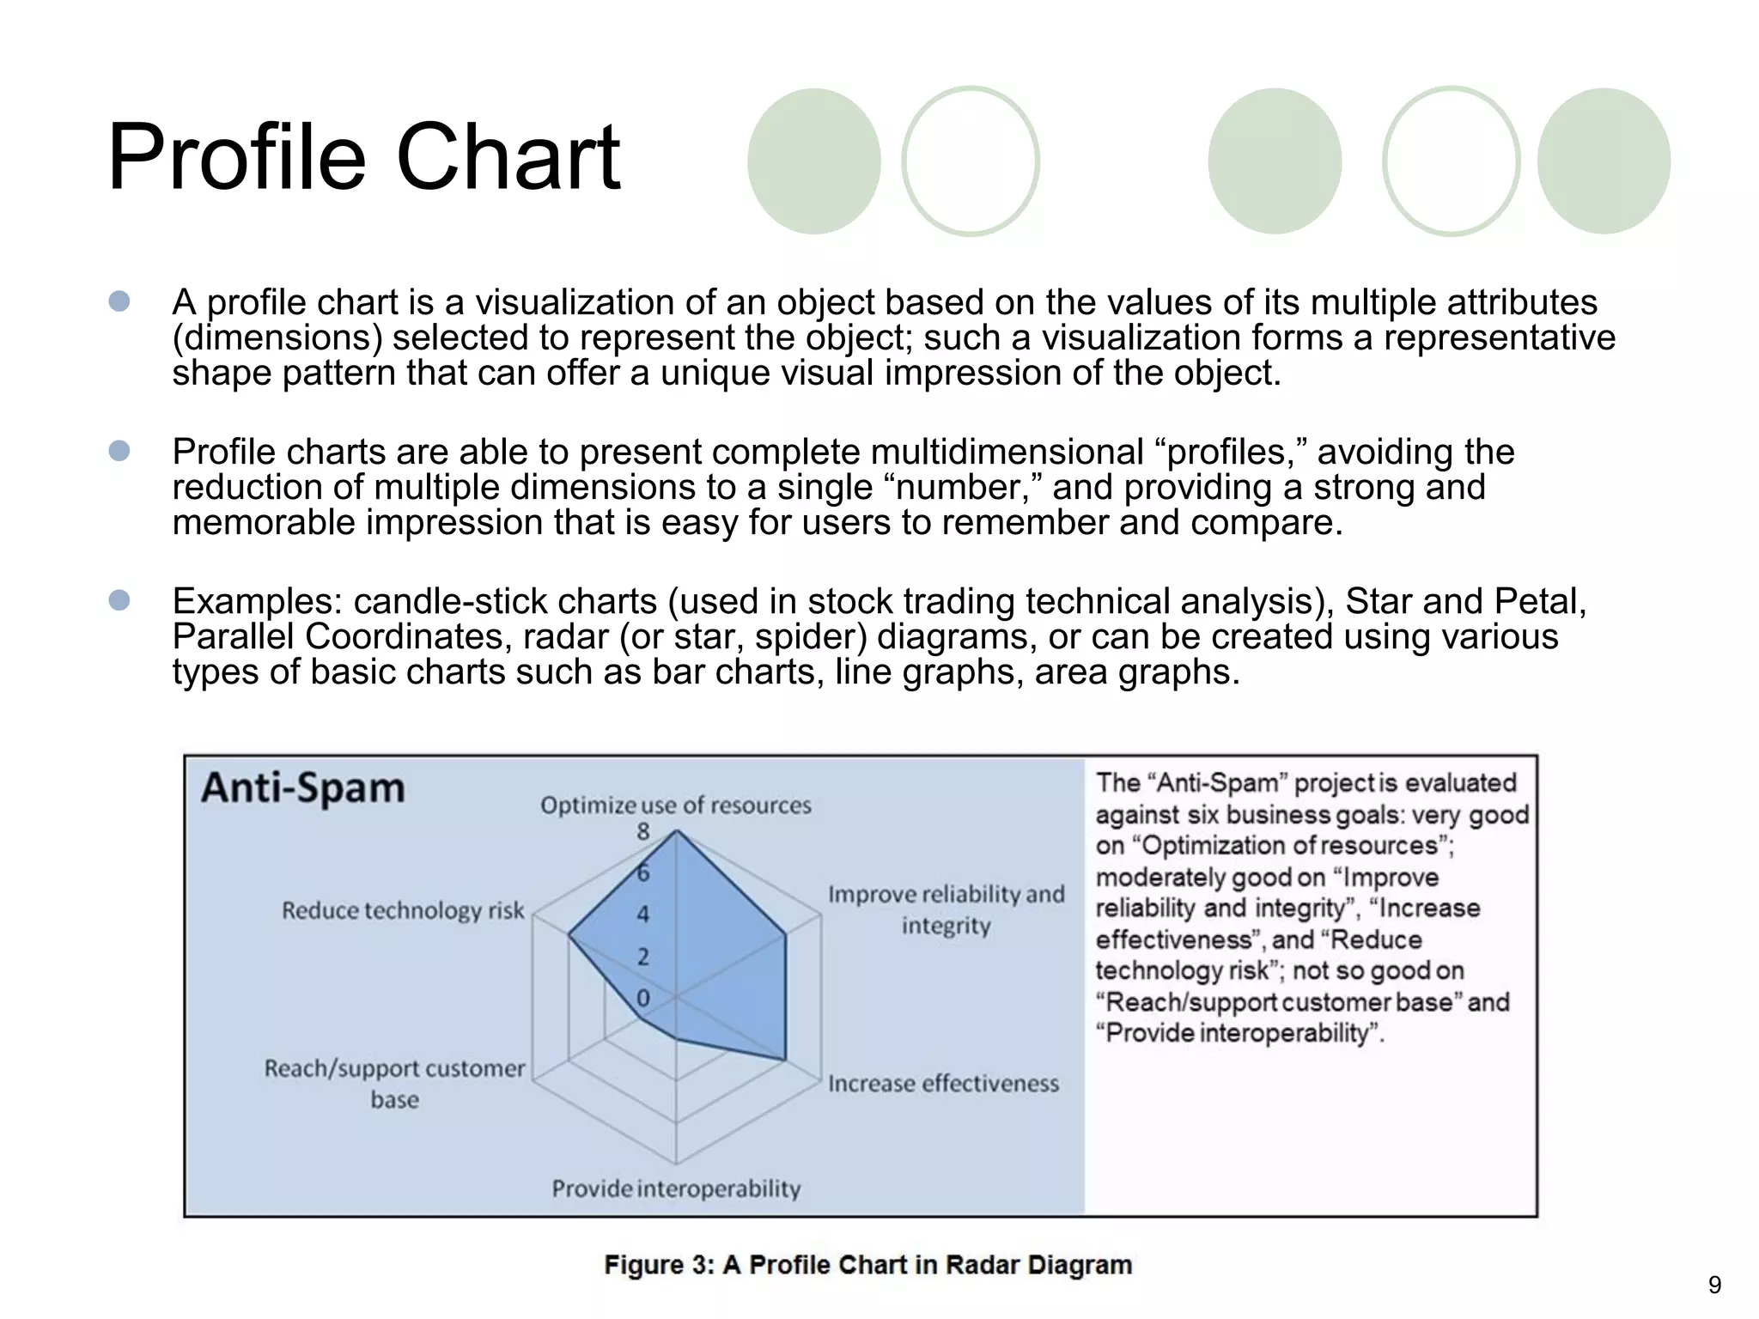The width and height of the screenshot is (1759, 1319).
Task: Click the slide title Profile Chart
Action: pos(363,157)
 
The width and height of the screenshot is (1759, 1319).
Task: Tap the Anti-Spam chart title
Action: pos(303,787)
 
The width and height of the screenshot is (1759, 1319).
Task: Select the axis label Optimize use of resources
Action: pos(676,805)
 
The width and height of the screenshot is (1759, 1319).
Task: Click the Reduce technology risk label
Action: pos(403,910)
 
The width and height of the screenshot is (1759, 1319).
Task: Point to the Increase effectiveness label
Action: pos(943,1084)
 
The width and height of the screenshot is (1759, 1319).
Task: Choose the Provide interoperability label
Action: pos(676,1188)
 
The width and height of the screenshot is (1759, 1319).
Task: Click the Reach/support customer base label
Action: pos(395,1084)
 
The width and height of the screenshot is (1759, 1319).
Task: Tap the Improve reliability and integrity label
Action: pos(946,909)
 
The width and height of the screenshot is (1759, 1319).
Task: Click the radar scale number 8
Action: pos(643,831)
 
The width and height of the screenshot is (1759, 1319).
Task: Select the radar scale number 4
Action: pos(643,915)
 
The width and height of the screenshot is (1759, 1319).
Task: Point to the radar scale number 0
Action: pos(643,998)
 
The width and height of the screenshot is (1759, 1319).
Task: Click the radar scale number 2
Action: pos(643,957)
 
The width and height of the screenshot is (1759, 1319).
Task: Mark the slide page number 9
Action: pos(1714,1285)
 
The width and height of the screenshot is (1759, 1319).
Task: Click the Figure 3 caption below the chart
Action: pos(867,1265)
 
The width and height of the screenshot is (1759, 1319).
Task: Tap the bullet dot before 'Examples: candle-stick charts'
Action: pos(119,600)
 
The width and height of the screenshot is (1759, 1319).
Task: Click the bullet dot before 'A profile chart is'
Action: pos(119,301)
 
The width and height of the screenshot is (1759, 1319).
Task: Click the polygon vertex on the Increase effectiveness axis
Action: pos(785,1060)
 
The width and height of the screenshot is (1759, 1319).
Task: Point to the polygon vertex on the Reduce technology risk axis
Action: pos(569,935)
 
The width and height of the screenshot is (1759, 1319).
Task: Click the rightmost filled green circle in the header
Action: pos(1603,161)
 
